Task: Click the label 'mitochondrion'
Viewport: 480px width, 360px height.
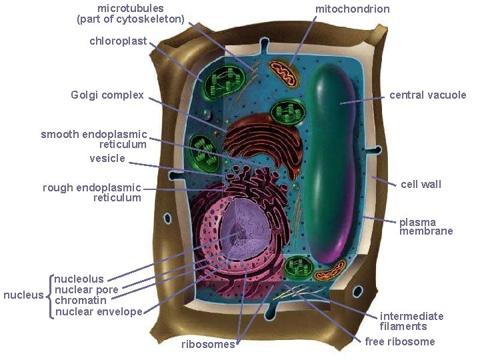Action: pyautogui.click(x=352, y=9)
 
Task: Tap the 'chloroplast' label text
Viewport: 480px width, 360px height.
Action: pyautogui.click(x=118, y=41)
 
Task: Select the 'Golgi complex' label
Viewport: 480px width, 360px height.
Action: pyautogui.click(x=107, y=95)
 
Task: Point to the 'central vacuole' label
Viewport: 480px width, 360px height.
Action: pyautogui.click(x=428, y=95)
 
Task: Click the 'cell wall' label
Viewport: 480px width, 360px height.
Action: pyautogui.click(x=421, y=184)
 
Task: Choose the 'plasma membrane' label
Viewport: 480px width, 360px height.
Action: pyautogui.click(x=426, y=227)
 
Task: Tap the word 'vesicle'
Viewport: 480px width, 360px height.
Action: pyautogui.click(x=107, y=159)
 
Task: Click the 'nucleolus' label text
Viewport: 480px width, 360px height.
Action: pyautogui.click(x=79, y=279)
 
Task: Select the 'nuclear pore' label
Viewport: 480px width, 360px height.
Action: pyautogui.click(x=86, y=290)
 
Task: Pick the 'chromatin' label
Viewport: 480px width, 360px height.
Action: pyautogui.click(x=77, y=301)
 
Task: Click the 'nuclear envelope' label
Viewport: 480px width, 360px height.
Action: pyautogui.click(x=99, y=311)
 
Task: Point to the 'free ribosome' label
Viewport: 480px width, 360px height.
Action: pyautogui.click(x=400, y=341)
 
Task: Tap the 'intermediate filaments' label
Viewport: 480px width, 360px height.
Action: pyautogui.click(x=411, y=321)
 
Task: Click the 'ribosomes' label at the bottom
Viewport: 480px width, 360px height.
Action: pyautogui.click(x=208, y=345)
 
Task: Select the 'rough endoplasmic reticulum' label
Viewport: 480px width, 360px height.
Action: pyautogui.click(x=92, y=193)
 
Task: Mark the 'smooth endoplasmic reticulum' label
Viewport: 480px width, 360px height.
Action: pyautogui.click(x=94, y=139)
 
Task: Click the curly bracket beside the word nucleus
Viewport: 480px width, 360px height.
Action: pyautogui.click(x=49, y=295)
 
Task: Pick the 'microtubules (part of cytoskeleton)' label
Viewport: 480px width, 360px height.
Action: pyautogui.click(x=131, y=13)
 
